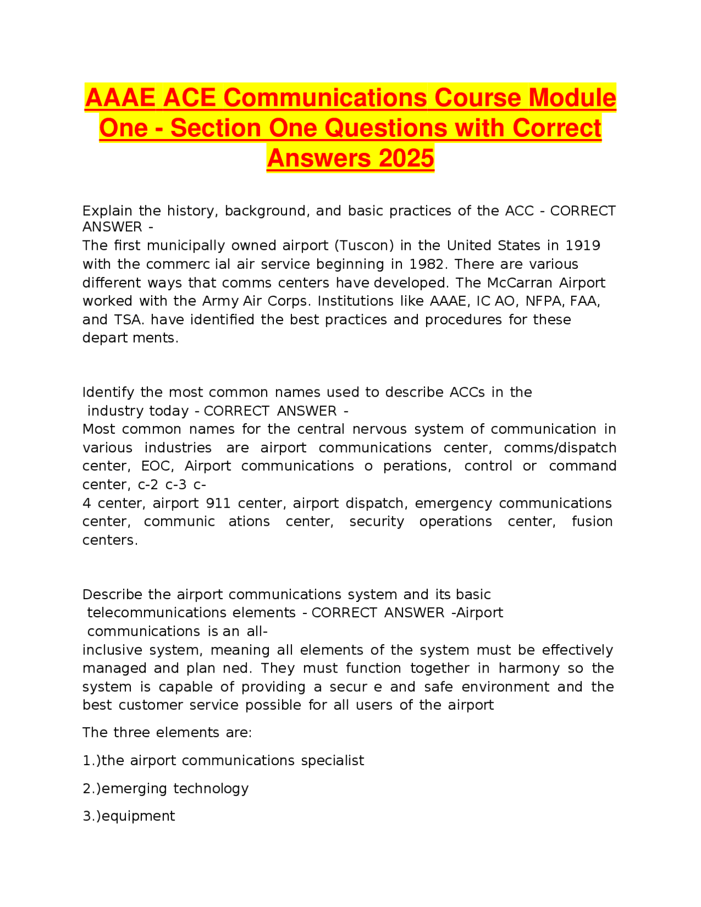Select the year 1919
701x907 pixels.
583,245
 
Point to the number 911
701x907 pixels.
218,503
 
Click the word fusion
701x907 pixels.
592,521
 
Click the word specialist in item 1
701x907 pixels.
332,760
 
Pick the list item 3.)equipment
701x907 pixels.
129,816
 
